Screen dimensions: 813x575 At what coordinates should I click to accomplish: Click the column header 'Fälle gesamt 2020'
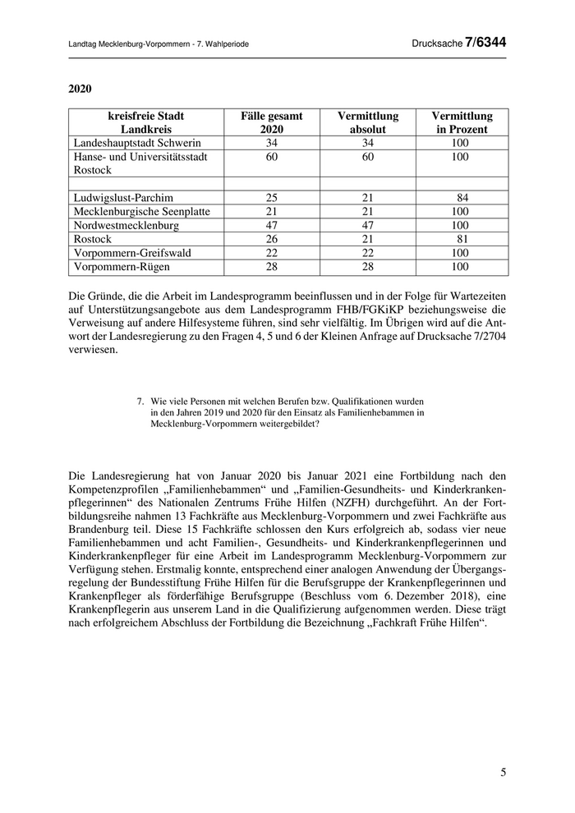(x=271, y=122)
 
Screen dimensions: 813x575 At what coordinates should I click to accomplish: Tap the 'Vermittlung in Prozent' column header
(x=462, y=122)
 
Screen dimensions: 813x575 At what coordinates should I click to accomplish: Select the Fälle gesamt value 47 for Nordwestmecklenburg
(x=271, y=225)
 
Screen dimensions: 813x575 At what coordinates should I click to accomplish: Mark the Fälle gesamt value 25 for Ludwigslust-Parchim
(x=271, y=198)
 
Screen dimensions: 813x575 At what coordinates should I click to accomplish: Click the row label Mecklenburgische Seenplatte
(x=141, y=212)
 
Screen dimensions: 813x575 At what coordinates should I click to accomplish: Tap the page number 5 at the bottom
(x=504, y=772)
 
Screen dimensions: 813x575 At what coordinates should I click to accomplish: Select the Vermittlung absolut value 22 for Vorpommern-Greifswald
(x=366, y=253)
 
